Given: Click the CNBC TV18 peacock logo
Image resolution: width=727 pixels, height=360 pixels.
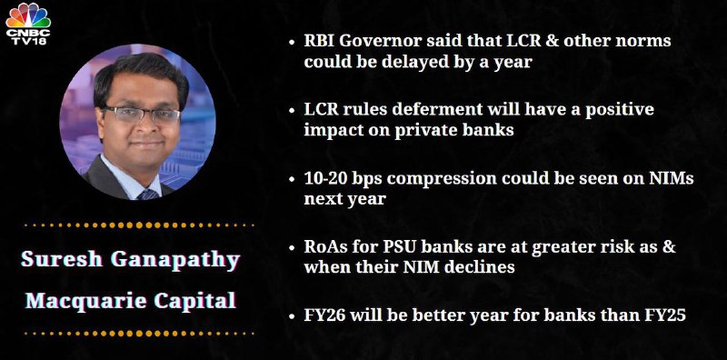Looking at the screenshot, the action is tap(28, 24).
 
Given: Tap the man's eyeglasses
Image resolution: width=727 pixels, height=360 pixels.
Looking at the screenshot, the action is tap(142, 115).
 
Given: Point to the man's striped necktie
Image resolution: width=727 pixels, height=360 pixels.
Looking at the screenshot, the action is tap(148, 195).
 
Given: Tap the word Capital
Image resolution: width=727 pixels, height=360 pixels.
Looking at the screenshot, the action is tap(195, 302).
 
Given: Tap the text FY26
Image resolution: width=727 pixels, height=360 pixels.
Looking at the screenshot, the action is tap(324, 316).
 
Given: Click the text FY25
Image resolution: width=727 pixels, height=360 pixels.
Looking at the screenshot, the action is tap(665, 316).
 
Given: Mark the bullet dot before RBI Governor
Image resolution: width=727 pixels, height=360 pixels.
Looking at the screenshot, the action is tap(292, 42).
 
